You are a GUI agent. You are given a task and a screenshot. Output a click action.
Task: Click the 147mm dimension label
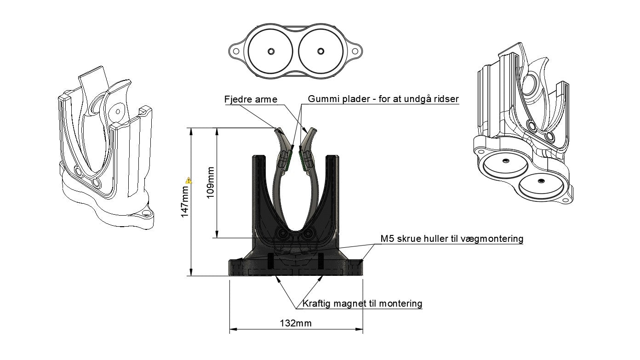[x=185, y=201]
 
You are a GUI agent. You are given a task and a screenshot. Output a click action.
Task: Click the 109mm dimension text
[x=210, y=183]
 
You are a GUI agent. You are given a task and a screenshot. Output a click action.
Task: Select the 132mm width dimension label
[x=296, y=323]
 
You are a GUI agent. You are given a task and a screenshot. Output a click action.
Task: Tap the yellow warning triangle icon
[x=189, y=180]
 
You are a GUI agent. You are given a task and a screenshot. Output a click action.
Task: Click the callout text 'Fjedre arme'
[x=251, y=99]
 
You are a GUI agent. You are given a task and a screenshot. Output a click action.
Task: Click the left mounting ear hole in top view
[x=236, y=51]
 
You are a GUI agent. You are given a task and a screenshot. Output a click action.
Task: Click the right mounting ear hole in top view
[x=354, y=51]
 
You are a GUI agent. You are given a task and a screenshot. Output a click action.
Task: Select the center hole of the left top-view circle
[x=270, y=51]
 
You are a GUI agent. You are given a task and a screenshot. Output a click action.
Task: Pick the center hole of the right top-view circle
[x=320, y=51]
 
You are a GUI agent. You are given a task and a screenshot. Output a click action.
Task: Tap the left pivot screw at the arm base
[x=283, y=234]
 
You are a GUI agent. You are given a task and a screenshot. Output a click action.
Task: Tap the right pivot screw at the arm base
[x=308, y=234]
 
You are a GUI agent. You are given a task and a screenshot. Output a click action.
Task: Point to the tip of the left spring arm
[x=278, y=129]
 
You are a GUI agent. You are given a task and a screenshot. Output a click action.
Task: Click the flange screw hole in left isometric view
[x=147, y=213]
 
